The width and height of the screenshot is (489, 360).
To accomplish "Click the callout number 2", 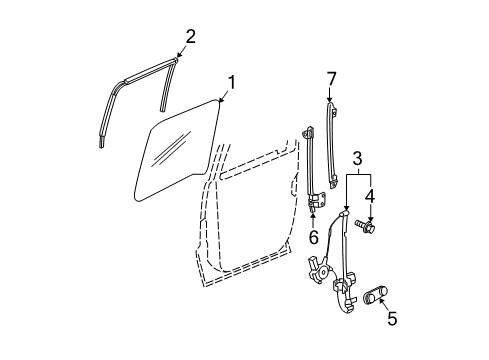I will click(190, 37).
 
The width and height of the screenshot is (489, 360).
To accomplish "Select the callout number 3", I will click(357, 157).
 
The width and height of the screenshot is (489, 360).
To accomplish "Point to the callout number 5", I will click(393, 320).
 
